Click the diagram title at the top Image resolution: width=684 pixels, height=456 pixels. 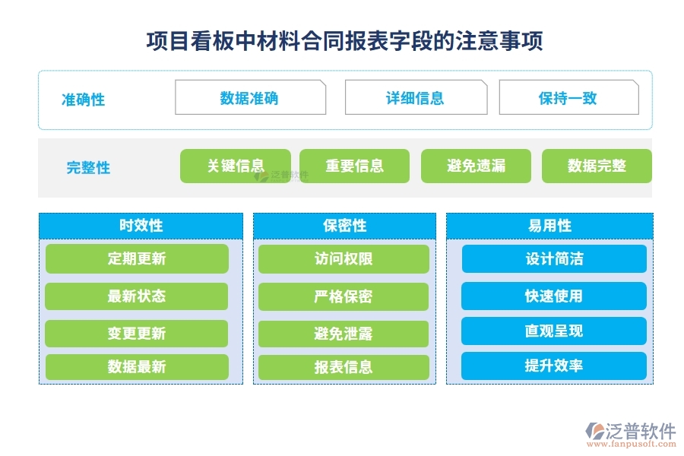(x=344, y=40)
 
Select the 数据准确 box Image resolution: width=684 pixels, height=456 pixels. (x=250, y=97)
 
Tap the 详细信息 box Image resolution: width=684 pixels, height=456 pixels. (x=416, y=97)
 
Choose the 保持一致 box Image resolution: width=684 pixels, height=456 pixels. (x=568, y=97)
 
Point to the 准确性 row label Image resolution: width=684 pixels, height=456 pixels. (x=83, y=100)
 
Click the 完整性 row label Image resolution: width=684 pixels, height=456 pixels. (x=88, y=168)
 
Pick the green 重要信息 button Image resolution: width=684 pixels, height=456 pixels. (x=354, y=166)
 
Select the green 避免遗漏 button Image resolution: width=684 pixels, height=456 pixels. (x=477, y=166)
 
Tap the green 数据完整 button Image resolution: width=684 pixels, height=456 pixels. (x=597, y=166)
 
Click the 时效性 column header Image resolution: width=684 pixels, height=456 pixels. (x=141, y=226)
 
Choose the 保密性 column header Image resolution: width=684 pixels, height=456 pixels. (x=344, y=226)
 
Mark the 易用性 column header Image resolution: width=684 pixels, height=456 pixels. (x=549, y=226)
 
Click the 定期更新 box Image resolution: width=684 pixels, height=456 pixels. (x=137, y=258)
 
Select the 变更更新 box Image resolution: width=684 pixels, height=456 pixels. (x=137, y=334)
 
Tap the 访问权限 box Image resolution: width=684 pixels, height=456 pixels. (x=344, y=258)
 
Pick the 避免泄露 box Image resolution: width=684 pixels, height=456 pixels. (x=344, y=334)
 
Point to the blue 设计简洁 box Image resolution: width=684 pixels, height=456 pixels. (x=554, y=258)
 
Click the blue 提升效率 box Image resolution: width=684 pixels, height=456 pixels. (x=554, y=366)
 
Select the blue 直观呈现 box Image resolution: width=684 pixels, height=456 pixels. (x=554, y=331)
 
